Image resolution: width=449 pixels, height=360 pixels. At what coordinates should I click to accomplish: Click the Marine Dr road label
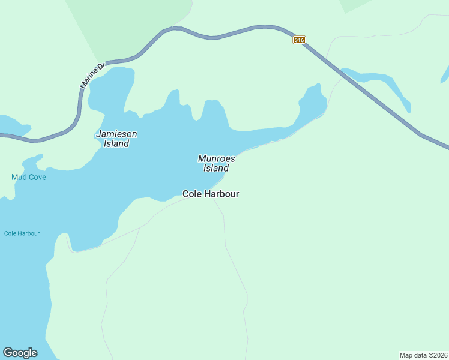92,75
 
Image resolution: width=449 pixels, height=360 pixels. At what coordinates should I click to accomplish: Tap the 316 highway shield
300,40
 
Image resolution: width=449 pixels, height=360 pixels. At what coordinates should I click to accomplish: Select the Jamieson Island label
116,139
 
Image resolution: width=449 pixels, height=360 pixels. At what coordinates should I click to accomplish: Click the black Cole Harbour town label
211,194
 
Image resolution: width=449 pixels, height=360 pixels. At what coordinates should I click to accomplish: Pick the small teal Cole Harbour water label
22,233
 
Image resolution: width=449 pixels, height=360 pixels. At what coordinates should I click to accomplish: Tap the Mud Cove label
29,177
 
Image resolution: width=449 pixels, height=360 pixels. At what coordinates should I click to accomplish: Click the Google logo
20,353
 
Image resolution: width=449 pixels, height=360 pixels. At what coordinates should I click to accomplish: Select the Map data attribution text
423,355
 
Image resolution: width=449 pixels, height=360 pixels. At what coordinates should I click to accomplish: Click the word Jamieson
116,134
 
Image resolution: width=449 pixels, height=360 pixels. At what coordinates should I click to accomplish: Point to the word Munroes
216,158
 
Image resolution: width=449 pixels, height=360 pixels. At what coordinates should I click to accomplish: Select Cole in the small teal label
10,233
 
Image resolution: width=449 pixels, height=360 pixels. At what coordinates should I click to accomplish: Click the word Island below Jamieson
116,144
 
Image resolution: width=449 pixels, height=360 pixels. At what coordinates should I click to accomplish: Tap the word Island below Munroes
216,169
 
